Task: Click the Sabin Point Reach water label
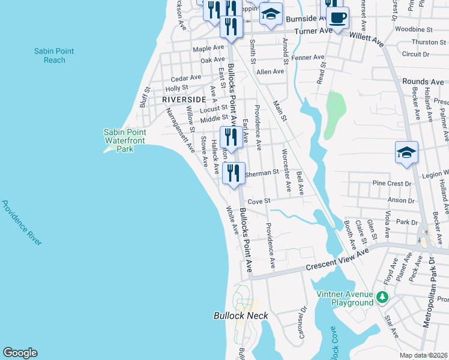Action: pyautogui.click(x=54, y=56)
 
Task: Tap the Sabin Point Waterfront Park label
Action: pyautogui.click(x=125, y=140)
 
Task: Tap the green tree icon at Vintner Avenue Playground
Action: pyautogui.click(x=382, y=297)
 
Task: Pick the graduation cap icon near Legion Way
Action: pyautogui.click(x=406, y=153)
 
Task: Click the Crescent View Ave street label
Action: pyautogui.click(x=336, y=262)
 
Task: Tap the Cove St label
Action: pyautogui.click(x=260, y=202)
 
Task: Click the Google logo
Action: pyautogui.click(x=20, y=353)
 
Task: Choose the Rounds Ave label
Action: pyautogui.click(x=423, y=82)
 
